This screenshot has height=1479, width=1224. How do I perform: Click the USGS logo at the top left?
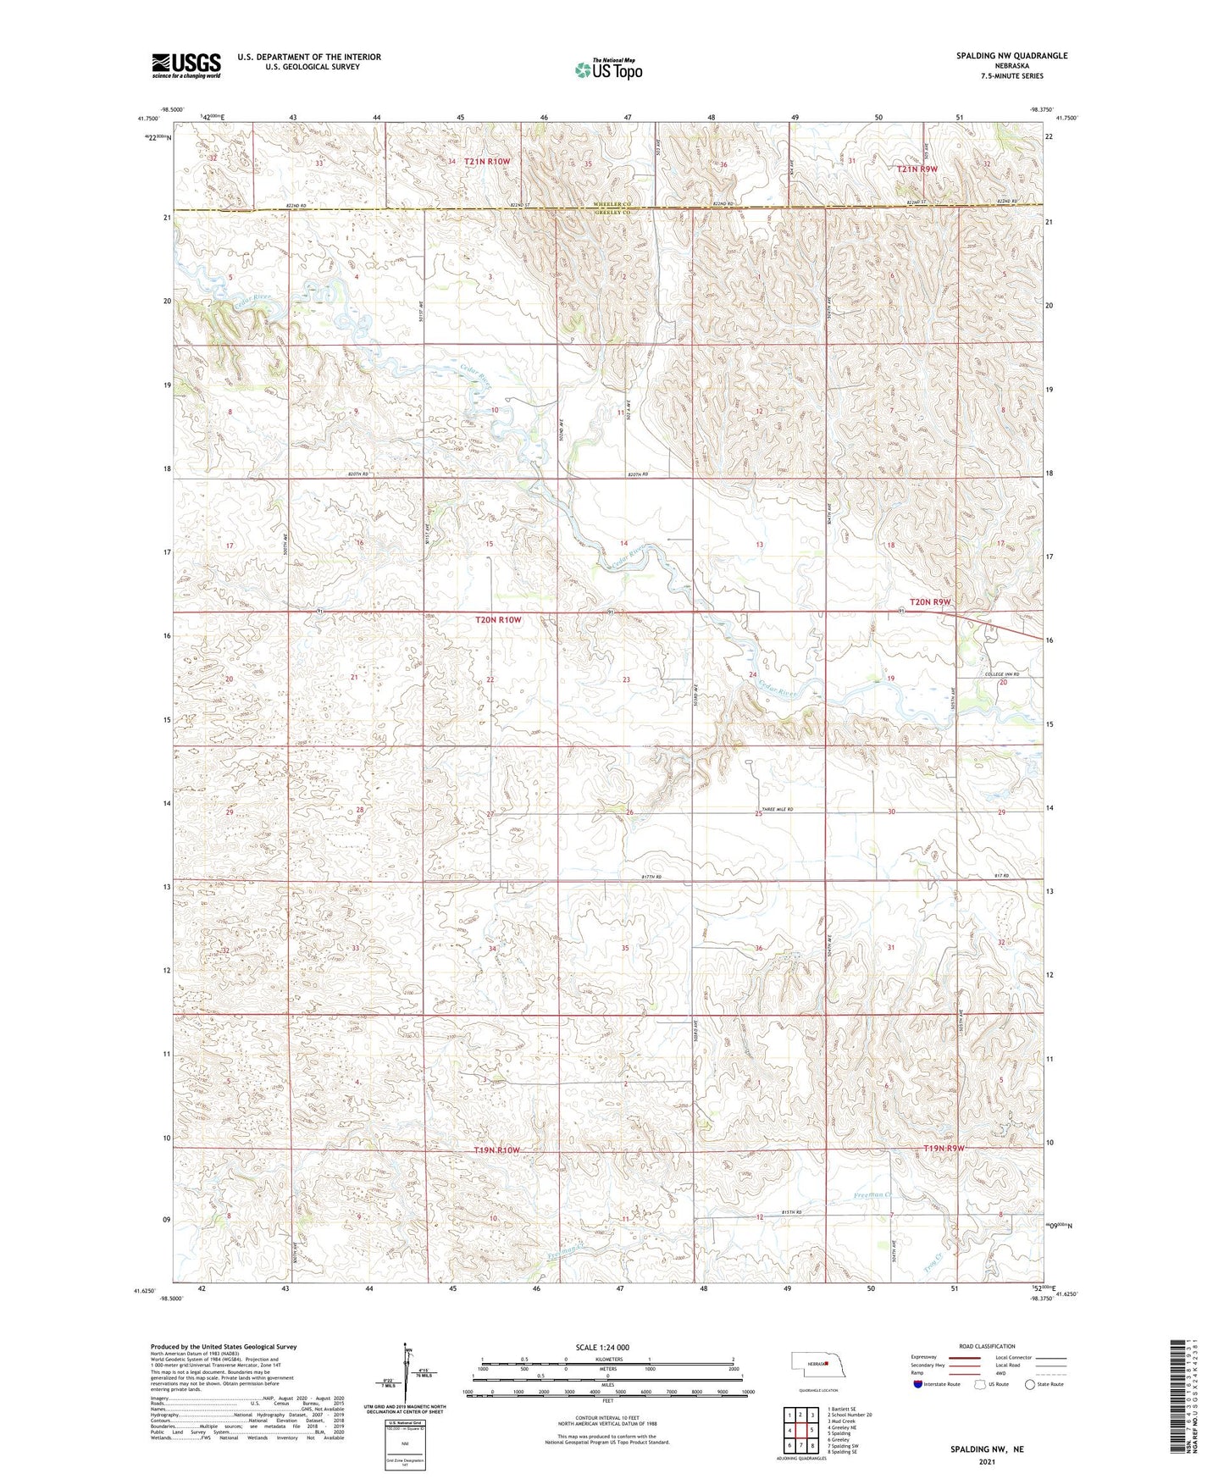[186, 64]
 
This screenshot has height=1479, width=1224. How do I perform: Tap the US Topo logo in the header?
[608, 69]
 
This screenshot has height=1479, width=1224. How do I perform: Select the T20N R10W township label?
[498, 619]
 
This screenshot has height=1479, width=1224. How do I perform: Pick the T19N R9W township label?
[943, 1149]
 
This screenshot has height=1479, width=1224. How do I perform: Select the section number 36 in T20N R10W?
[759, 948]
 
